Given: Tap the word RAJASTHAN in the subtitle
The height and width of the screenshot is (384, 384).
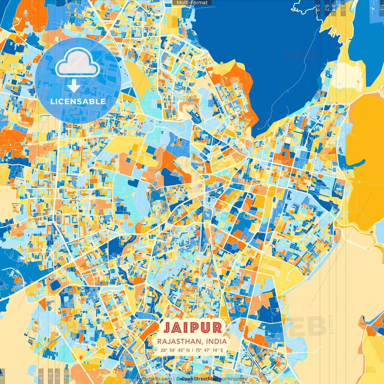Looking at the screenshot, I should pos(178,341).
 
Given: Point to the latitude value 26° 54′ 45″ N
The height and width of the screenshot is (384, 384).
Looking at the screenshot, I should pos(175,350).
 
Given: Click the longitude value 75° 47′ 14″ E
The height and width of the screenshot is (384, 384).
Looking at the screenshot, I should pos(209,350).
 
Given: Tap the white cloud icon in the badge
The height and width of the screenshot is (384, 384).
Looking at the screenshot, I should pos(78,62).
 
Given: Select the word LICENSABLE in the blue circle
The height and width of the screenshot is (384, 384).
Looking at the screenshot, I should pos(78,101).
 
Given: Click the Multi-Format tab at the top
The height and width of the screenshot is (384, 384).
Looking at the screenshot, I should pos(192,3).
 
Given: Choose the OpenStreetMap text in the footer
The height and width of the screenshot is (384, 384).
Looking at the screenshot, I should pos(199,379).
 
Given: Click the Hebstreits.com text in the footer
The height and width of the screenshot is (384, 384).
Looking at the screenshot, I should pos(154,379).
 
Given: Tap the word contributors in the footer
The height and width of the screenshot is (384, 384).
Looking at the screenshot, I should pos(233,379).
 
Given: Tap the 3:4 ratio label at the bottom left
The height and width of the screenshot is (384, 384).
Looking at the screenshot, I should pos(50,376).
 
